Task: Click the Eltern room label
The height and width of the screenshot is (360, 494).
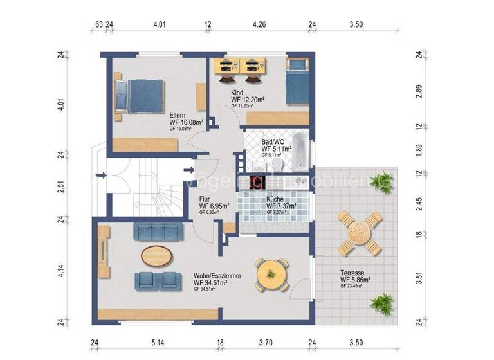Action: tap(178, 109)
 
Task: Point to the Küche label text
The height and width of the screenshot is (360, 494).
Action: tap(277, 200)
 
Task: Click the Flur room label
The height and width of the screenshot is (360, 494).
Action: tap(205, 200)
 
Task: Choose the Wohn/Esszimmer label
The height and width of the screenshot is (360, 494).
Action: tap(217, 276)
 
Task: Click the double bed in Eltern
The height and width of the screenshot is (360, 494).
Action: tap(139, 96)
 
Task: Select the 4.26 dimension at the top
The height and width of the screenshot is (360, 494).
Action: tap(261, 26)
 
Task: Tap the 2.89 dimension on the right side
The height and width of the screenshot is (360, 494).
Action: tap(419, 91)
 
